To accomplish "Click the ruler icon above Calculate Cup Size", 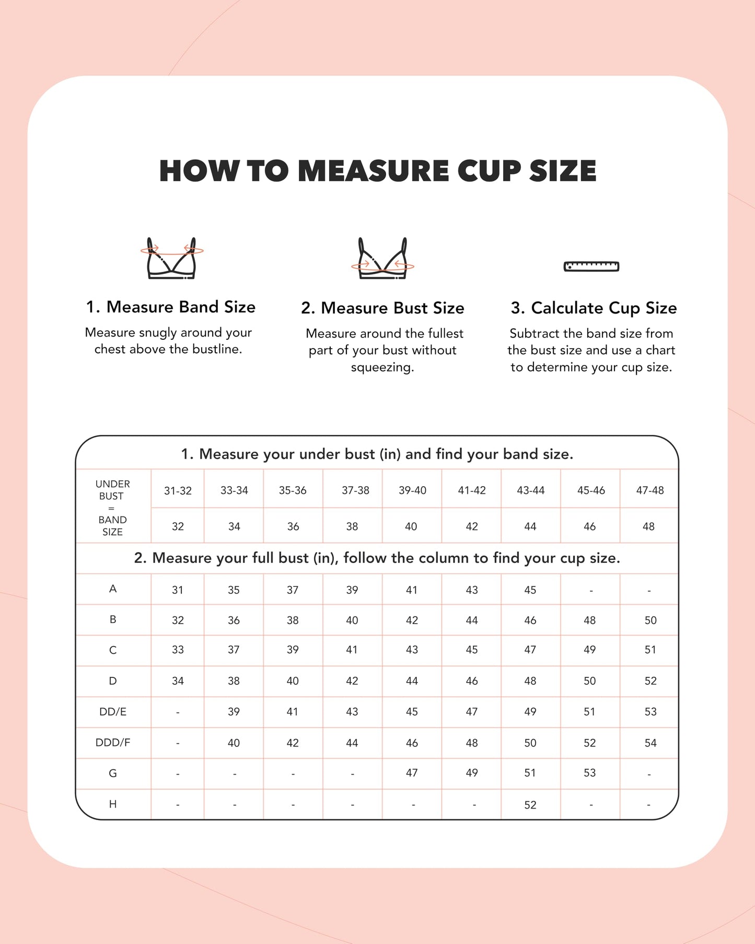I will pyautogui.click(x=591, y=267).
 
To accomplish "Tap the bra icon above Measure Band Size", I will pyautogui.click(x=171, y=259).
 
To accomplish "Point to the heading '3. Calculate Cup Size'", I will pyautogui.click(x=594, y=308).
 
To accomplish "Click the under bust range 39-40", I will pyautogui.click(x=412, y=490).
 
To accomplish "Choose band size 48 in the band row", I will pyautogui.click(x=648, y=526).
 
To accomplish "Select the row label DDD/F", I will pyautogui.click(x=113, y=742).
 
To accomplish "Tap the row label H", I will pyautogui.click(x=113, y=804).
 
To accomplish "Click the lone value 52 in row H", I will pyautogui.click(x=530, y=805).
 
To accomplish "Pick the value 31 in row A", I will pyautogui.click(x=178, y=590).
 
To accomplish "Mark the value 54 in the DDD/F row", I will pyautogui.click(x=650, y=743).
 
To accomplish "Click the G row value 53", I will pyautogui.click(x=589, y=773).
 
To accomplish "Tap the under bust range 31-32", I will pyautogui.click(x=178, y=490).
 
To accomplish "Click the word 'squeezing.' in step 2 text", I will pyautogui.click(x=382, y=367).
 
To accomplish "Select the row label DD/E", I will pyautogui.click(x=113, y=711).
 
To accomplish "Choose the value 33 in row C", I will pyautogui.click(x=178, y=650).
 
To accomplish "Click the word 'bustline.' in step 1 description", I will pyautogui.click(x=217, y=349).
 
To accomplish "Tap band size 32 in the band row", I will pyautogui.click(x=178, y=526).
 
